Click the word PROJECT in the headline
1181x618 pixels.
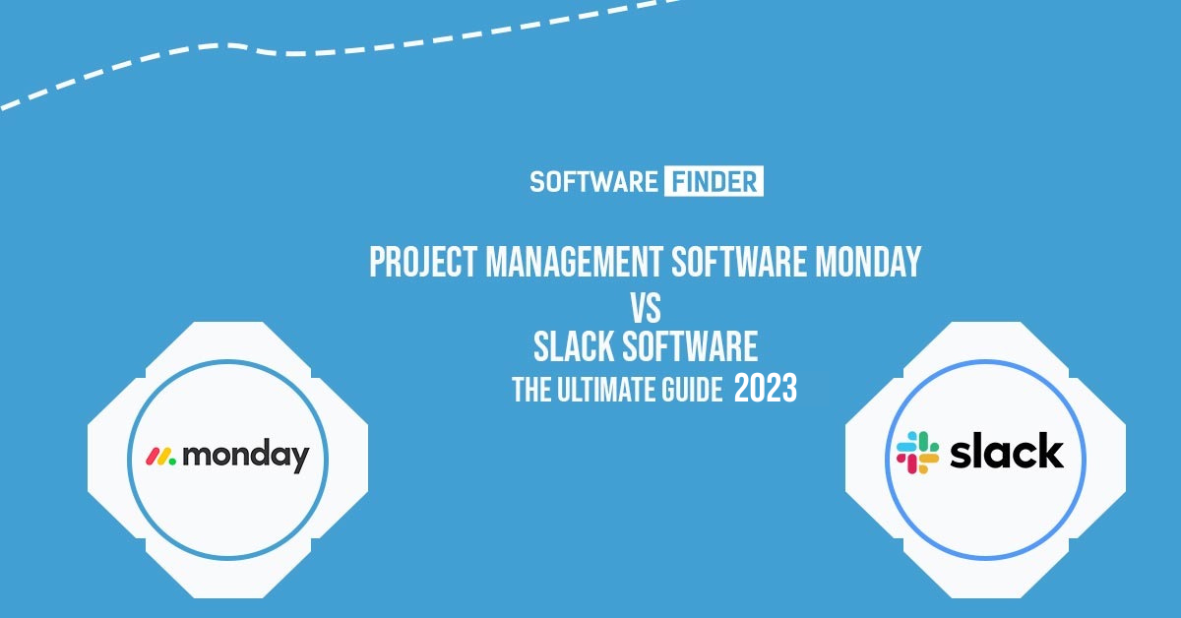423,262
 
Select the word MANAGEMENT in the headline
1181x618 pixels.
574,262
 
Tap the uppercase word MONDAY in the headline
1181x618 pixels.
868,262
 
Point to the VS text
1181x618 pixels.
646,308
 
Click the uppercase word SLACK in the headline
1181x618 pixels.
574,347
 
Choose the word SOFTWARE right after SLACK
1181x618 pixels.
690,347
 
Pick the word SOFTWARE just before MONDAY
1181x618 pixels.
739,262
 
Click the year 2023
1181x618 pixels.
766,389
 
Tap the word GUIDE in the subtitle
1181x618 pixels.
693,391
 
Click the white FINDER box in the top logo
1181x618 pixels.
714,181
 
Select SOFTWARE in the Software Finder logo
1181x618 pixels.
593,182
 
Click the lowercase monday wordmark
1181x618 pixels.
246,455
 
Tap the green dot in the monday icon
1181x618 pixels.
171,462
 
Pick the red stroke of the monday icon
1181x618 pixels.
153,457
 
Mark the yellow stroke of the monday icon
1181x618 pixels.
162,457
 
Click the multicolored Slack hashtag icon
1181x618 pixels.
918,453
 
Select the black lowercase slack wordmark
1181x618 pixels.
1007,451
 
